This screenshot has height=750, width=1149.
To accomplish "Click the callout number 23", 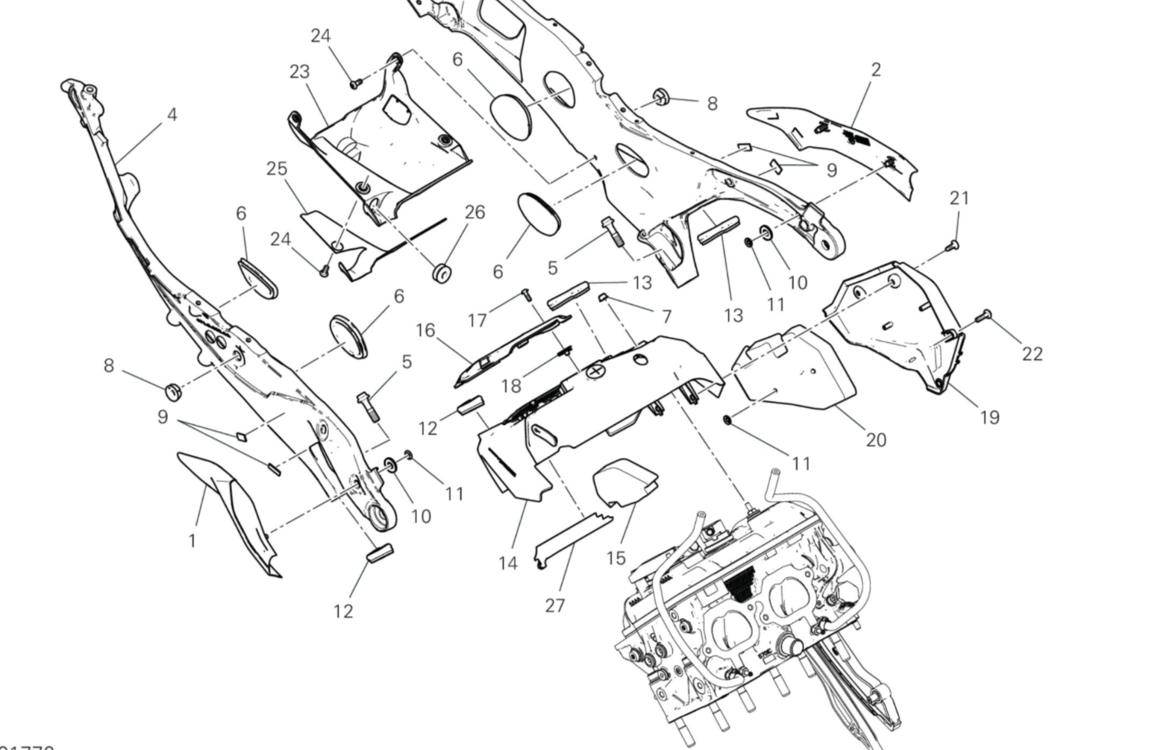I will (x=299, y=72).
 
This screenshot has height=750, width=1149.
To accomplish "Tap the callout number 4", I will (x=172, y=114).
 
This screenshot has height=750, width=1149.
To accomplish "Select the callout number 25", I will (x=277, y=168).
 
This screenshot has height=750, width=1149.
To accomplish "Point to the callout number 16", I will (x=425, y=330).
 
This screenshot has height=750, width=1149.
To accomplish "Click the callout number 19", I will (x=989, y=417).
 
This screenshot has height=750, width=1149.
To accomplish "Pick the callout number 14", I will (x=508, y=563).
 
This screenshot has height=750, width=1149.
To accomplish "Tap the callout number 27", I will (x=554, y=605).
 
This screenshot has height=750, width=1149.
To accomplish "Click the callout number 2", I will (x=876, y=69).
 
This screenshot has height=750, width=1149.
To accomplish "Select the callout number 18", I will (x=511, y=385).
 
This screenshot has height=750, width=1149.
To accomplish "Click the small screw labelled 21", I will (x=953, y=245).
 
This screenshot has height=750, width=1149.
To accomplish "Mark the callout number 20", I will (x=876, y=440).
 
